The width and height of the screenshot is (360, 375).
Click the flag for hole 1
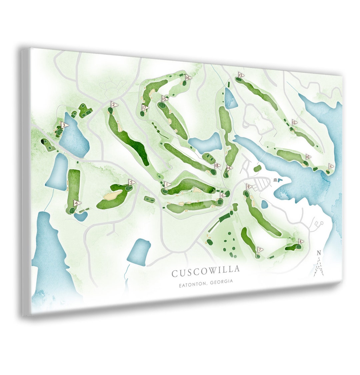click(167, 184)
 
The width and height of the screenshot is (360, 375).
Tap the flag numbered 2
click(114, 105)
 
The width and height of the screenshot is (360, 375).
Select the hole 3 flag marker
click(65, 125)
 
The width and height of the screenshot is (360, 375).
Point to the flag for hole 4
click(77, 203)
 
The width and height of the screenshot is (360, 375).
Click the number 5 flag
click(132, 182)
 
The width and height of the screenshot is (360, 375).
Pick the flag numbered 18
click(218, 165)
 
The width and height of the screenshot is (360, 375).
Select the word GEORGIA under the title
click(221, 282)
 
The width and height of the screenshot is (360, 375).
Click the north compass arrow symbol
click(319, 265)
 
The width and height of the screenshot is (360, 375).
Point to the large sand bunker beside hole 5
click(113, 195)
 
